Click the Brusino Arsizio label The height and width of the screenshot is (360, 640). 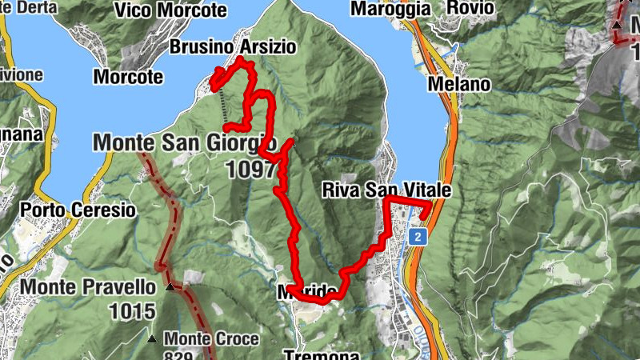pyautogui.click(x=232, y=47)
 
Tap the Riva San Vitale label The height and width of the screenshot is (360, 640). pyautogui.click(x=388, y=190)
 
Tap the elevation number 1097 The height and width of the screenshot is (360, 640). pyautogui.click(x=250, y=168)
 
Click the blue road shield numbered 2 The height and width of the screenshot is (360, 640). pyautogui.click(x=418, y=237)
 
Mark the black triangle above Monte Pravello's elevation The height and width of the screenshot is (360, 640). pyautogui.click(x=169, y=286)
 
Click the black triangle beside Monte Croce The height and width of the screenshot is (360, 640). pyautogui.click(x=153, y=339)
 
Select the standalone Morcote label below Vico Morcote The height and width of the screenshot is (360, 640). pyautogui.click(x=128, y=78)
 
